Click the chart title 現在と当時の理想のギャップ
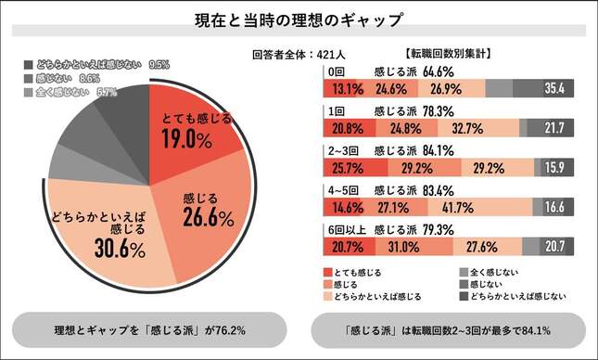tap(299, 19)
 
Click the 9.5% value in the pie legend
tap(160, 65)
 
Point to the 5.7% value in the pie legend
tap(108, 93)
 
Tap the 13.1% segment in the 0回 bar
tap(338, 89)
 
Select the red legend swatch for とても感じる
tap(326, 272)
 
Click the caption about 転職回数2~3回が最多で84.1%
tap(448, 328)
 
